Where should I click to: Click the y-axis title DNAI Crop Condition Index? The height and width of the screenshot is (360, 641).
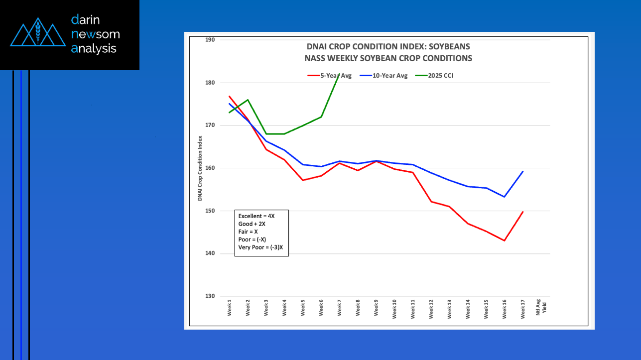click(x=200, y=168)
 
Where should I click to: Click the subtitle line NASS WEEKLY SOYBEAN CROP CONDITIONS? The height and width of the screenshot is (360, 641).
click(x=388, y=58)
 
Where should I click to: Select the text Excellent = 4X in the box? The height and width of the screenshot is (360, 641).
click(x=256, y=216)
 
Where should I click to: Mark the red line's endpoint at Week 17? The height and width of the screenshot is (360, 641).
click(x=523, y=212)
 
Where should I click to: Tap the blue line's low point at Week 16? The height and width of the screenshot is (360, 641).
click(x=505, y=197)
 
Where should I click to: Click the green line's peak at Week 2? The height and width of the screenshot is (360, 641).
click(x=248, y=100)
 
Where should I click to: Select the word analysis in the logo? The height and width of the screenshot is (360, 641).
click(x=94, y=48)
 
